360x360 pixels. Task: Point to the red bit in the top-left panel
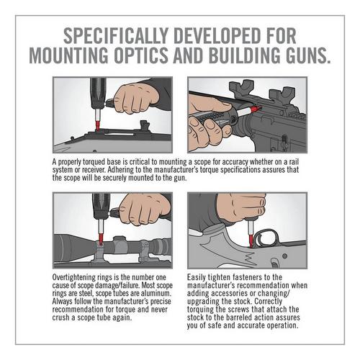coord(98,125)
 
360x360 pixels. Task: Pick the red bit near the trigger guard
coord(251,241)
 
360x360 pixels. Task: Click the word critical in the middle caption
coord(135,162)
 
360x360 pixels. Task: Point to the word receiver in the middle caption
coord(94,170)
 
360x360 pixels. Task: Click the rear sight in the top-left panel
coord(145,125)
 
